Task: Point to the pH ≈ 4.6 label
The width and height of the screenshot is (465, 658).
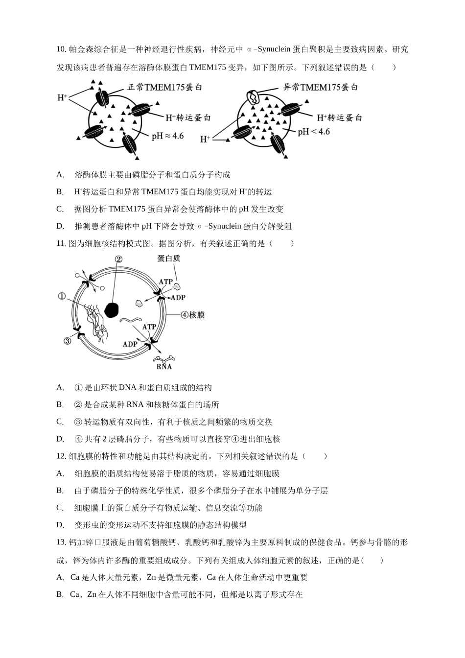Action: coord(167,136)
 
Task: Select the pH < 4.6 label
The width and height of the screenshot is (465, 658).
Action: coord(314,132)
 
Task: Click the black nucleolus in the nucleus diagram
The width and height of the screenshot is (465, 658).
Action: coord(112,309)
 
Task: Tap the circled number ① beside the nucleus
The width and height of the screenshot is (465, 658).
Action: coord(62,296)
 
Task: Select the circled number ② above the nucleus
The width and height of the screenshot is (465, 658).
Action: coord(118,260)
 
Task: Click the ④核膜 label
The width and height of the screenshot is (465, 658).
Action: coord(192,315)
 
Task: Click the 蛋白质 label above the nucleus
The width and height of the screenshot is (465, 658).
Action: coord(169,258)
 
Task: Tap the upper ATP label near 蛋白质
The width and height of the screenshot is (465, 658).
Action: coord(165,282)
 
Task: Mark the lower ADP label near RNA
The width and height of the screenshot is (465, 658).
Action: coord(130,344)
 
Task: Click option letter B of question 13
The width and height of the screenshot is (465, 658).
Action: coord(60,595)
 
